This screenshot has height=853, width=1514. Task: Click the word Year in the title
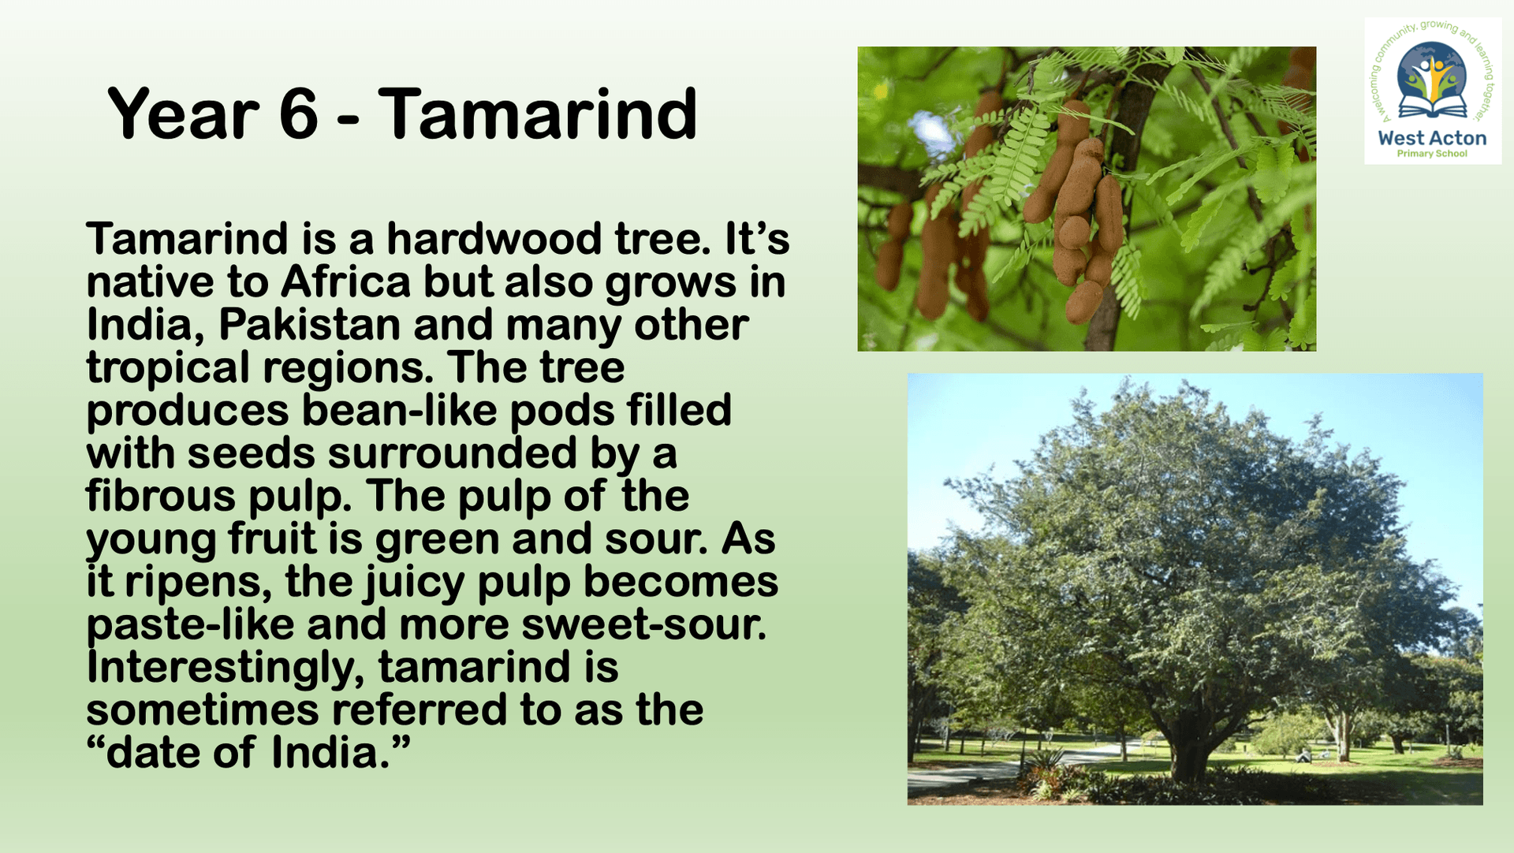coord(184,114)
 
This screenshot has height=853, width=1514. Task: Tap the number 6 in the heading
coord(299,114)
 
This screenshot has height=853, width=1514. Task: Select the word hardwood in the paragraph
coord(494,239)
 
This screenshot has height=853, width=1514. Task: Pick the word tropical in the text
coord(168,369)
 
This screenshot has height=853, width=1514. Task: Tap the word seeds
coord(251,453)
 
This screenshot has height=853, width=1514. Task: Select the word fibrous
coord(161,497)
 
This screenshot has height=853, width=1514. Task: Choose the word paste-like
coord(190,626)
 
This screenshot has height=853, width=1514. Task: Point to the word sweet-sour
coord(643,625)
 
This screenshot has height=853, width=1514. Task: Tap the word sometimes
coord(203,710)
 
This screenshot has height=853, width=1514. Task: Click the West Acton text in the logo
coord(1432,138)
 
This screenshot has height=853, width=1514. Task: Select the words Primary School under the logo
coord(1432,154)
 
